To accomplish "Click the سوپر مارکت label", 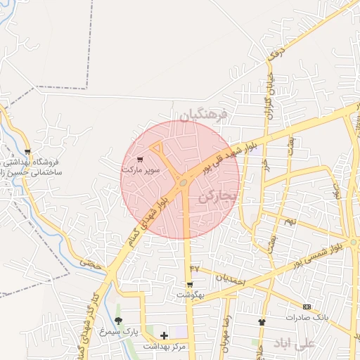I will [141, 169].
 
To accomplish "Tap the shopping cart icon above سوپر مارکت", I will [141, 160].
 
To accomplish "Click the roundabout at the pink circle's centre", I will [184, 183].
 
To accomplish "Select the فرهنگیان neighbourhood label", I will [203, 114].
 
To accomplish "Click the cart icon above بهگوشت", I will [190, 285].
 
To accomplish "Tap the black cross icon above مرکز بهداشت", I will [164, 336].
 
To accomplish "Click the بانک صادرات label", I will [307, 317].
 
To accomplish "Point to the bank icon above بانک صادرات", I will [307, 307].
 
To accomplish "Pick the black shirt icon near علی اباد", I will [262, 322].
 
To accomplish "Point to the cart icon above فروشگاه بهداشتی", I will [27, 152].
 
